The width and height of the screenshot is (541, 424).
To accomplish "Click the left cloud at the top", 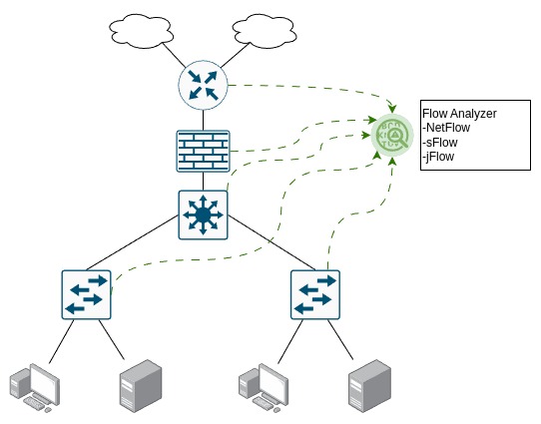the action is (141, 31).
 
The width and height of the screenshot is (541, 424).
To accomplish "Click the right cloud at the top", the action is (265, 31).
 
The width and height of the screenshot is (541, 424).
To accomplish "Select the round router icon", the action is (203, 85).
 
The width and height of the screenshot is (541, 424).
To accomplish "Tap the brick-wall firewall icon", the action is (203, 151).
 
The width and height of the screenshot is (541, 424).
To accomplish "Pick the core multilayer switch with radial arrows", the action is (203, 215).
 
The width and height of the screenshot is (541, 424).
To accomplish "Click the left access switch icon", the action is (86, 294).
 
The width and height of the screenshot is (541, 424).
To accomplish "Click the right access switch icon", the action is (315, 294).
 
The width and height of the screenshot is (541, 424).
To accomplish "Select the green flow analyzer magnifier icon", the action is (392, 135).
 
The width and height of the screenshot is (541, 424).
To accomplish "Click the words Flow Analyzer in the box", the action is (459, 114).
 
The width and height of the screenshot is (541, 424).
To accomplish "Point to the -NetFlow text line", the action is (446, 128).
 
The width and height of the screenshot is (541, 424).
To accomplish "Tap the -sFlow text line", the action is (440, 142).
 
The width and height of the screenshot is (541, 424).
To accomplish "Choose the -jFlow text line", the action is (438, 157).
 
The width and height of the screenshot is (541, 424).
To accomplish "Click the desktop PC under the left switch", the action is (35, 388).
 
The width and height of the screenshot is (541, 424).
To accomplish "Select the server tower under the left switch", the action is (141, 386).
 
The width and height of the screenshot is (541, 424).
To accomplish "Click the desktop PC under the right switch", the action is (264, 388).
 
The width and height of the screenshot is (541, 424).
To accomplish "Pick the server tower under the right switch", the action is (370, 386).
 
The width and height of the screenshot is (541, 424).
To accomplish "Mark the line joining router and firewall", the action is (203, 120).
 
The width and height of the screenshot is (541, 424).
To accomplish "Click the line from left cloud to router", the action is (174, 55).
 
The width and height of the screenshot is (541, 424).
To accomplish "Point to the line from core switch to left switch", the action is (133, 242).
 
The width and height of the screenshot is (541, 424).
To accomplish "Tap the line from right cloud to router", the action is (235, 55).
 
